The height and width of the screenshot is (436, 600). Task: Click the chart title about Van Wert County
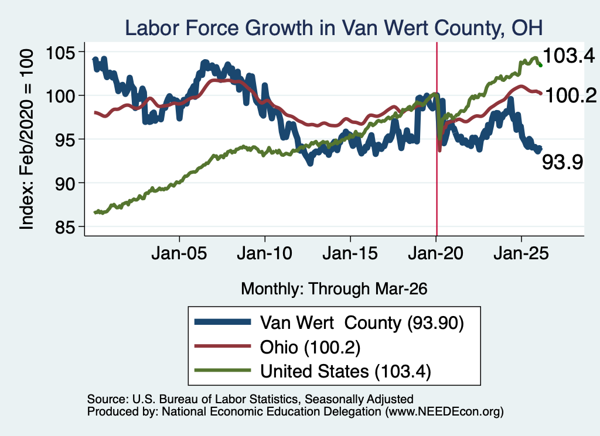333,28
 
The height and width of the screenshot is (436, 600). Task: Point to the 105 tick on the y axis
60,52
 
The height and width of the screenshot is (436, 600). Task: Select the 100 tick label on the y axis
60,95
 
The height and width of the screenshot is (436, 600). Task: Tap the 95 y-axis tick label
64,139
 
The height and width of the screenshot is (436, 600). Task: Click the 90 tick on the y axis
64,183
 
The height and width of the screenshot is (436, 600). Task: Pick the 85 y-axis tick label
64,227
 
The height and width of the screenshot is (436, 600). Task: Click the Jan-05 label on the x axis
179,253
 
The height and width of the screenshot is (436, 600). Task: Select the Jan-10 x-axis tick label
264,253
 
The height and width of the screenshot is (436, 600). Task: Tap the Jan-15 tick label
350,253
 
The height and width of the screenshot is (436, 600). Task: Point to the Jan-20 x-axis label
435,253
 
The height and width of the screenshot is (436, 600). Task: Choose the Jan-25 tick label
521,253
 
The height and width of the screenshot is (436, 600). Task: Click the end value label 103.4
569,56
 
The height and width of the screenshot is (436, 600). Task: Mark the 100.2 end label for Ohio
571,95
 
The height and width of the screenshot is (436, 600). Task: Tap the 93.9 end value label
562,162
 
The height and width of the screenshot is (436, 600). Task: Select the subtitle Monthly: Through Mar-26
334,289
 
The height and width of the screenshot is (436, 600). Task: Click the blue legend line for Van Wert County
223,322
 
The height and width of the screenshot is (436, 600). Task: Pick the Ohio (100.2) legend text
311,348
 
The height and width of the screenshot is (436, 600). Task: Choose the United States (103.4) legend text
346,372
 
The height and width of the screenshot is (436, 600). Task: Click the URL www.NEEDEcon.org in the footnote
445,411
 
